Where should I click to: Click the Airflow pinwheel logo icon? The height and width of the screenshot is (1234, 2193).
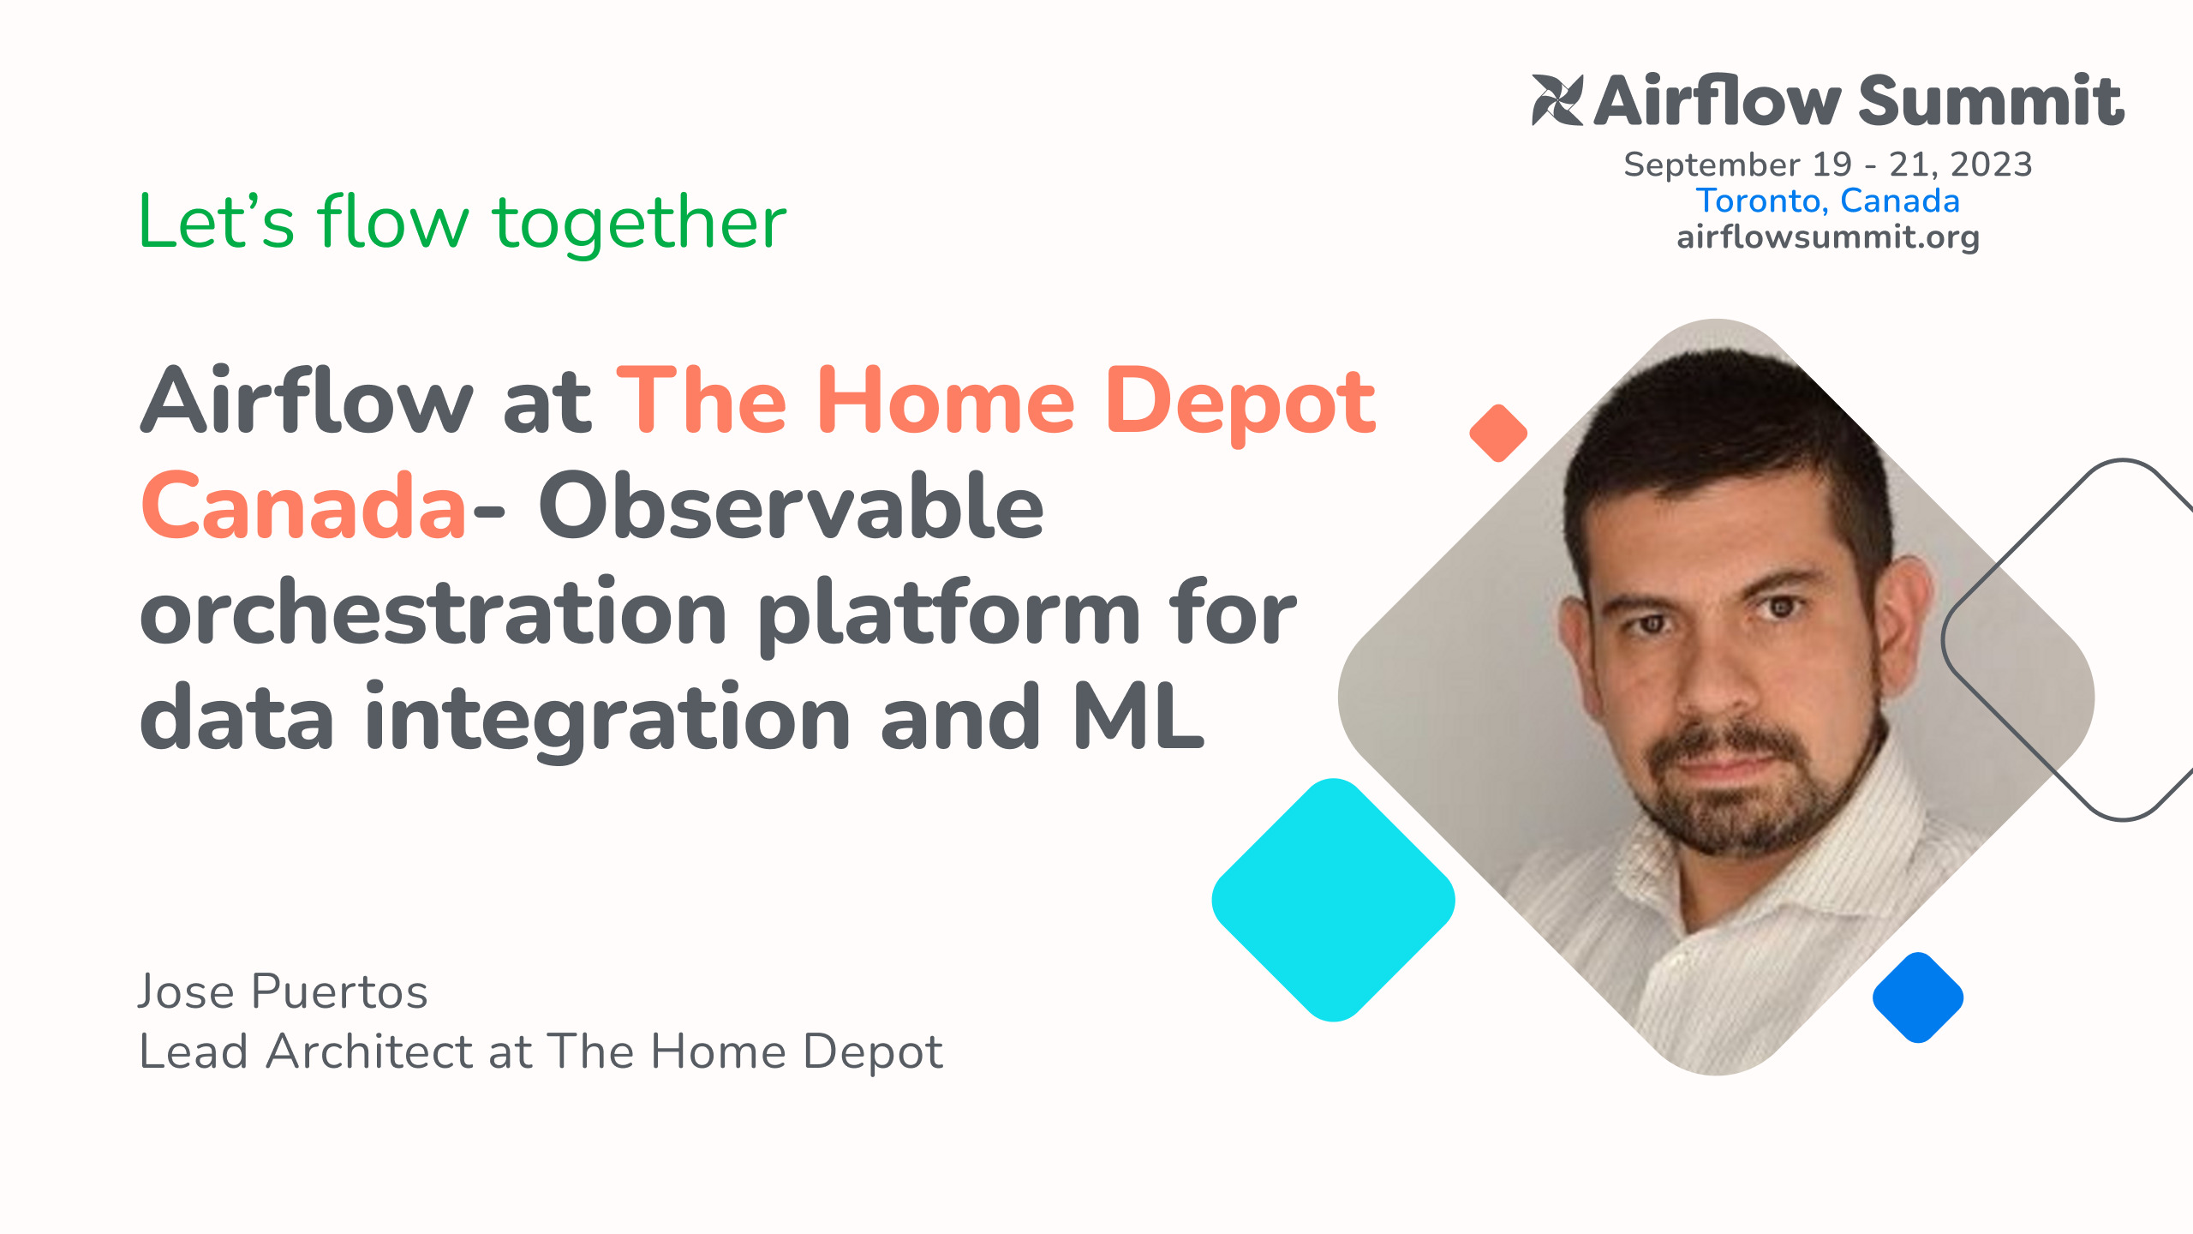1557,100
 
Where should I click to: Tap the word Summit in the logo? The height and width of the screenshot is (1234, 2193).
1991,101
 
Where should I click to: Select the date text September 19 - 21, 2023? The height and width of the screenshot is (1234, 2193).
1827,164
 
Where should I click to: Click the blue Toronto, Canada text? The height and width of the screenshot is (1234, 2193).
1827,201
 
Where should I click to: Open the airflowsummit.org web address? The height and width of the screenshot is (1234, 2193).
1827,237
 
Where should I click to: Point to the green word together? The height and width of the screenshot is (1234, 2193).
639,223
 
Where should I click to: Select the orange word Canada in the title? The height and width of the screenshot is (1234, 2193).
303,506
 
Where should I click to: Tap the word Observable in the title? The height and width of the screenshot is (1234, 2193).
790,506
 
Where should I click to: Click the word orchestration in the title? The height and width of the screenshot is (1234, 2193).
433,613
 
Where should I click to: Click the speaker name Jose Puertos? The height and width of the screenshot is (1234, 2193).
283,991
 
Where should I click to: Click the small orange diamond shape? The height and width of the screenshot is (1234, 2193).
1498,433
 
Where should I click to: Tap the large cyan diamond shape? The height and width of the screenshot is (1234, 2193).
1333,900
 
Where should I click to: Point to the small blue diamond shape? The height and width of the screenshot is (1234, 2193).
1918,997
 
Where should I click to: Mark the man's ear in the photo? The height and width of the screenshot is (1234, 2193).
1907,617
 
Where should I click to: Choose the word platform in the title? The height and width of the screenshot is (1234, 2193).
948,613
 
